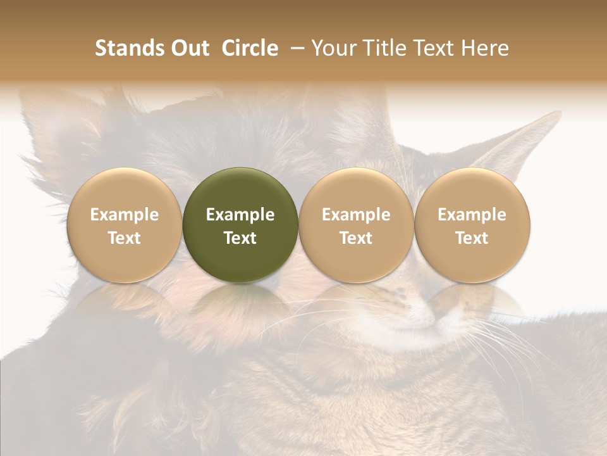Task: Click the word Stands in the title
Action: [128, 48]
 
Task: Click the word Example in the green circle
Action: [240, 215]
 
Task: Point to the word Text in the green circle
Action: [240, 238]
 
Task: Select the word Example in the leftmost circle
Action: [125, 215]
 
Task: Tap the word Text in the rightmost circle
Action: [472, 238]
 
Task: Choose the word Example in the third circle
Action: [356, 215]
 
